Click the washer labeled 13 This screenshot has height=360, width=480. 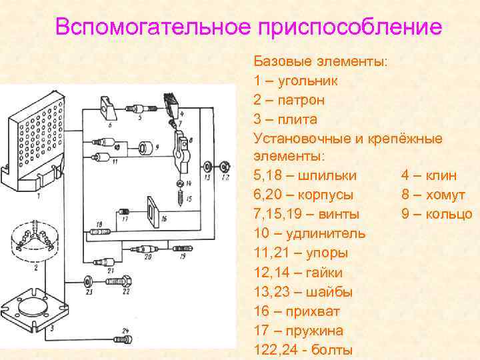(207, 166)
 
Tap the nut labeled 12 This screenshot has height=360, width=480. (225, 166)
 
